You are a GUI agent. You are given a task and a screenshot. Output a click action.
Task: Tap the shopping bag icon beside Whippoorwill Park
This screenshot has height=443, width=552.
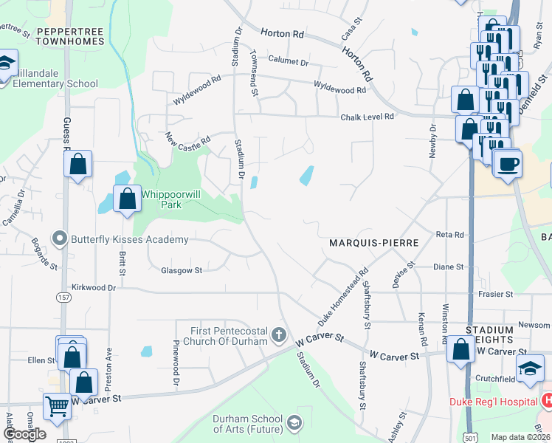[128, 198]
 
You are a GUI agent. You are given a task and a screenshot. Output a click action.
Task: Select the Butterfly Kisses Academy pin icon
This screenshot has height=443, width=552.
[59, 238]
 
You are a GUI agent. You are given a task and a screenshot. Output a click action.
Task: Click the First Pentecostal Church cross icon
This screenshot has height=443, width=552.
[279, 335]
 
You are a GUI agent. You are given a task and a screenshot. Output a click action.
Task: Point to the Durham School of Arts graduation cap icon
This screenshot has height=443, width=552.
[295, 422]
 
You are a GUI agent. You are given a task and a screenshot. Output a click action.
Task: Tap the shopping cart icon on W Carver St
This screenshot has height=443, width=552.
[57, 405]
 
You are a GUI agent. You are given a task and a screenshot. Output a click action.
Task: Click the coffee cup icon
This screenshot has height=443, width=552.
[507, 163]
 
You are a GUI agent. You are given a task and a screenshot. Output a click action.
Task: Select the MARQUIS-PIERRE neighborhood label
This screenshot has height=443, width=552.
[374, 242]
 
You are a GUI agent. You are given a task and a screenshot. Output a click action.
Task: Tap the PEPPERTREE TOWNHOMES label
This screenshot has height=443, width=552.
[69, 36]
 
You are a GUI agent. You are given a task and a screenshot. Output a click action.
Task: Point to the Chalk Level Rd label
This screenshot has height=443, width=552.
[368, 117]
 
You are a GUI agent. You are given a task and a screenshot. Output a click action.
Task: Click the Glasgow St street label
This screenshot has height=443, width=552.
[182, 271]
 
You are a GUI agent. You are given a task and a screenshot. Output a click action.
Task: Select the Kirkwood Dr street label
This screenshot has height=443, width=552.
[94, 286]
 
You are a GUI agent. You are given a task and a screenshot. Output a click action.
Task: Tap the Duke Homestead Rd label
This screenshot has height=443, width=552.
[342, 298]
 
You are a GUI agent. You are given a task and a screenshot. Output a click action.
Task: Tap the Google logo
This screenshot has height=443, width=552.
[24, 434]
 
